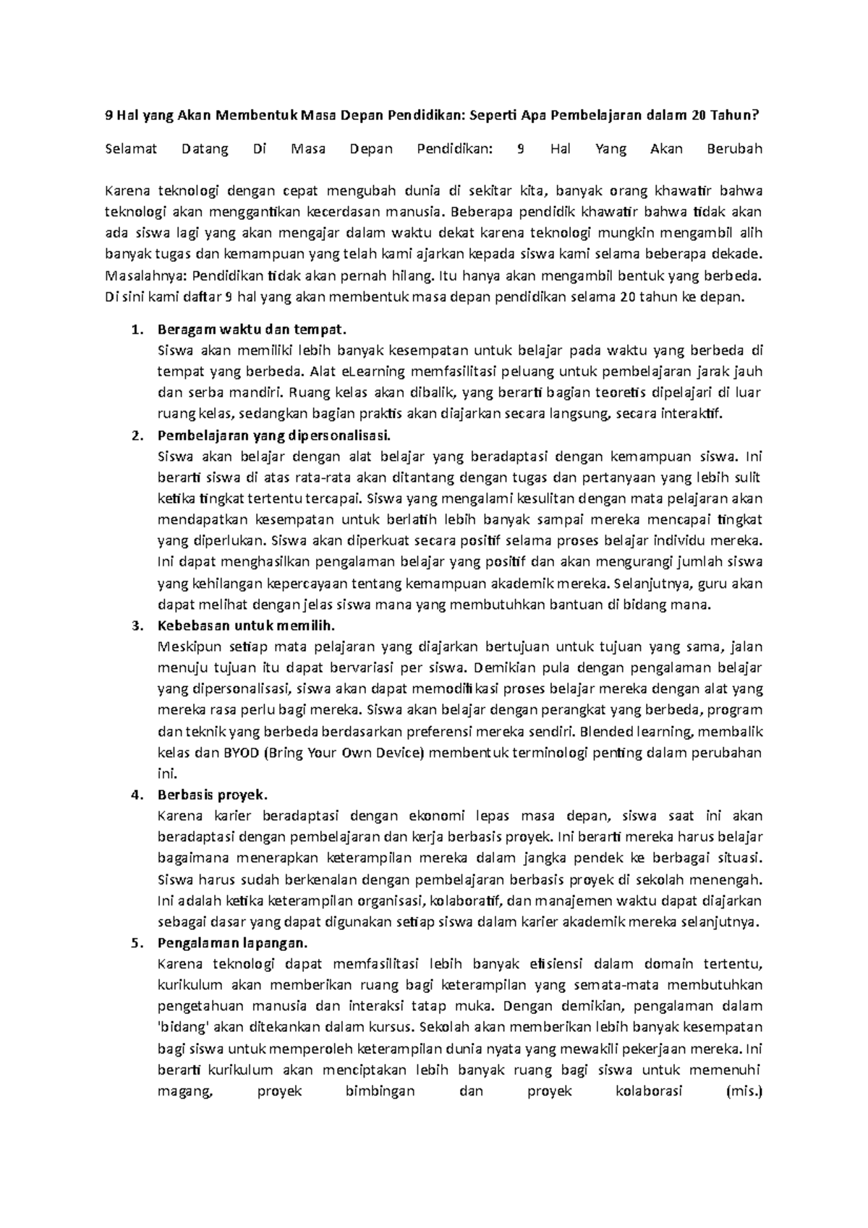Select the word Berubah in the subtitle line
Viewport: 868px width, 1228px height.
coord(734,150)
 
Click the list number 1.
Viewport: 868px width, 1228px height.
coord(135,330)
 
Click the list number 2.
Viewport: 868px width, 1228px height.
coord(135,435)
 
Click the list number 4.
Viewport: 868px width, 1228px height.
coord(135,795)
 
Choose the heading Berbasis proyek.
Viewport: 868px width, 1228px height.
coord(213,795)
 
